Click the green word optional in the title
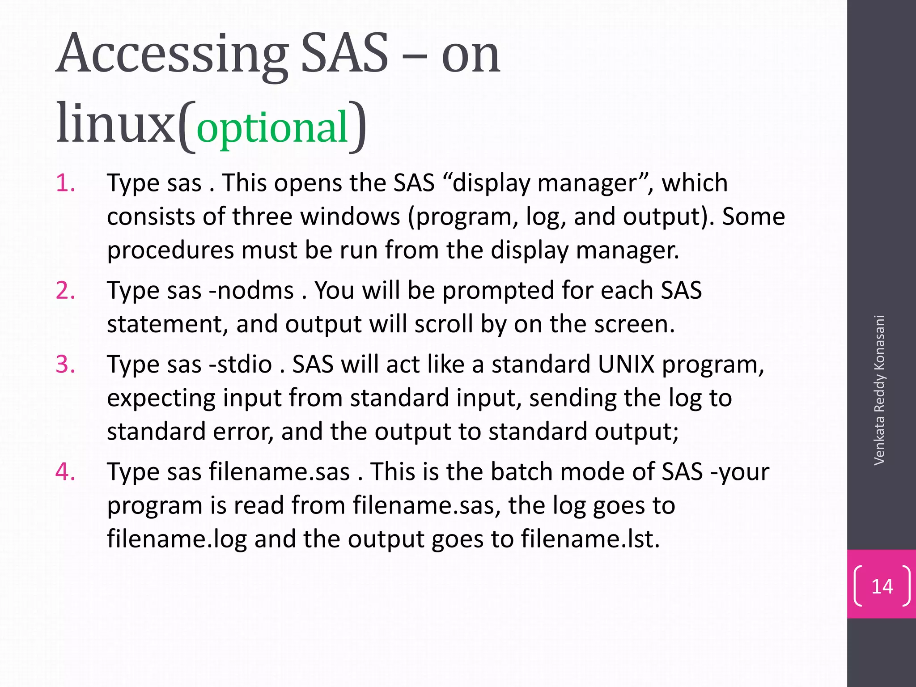[x=272, y=127]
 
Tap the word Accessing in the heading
[x=172, y=55]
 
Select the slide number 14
[x=882, y=586]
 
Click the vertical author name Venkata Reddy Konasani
[x=879, y=390]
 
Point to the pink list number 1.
[x=65, y=183]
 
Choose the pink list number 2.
[x=65, y=290]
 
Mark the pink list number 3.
[x=65, y=364]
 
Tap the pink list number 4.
[x=65, y=472]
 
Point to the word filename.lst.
[x=590, y=539]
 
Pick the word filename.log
[x=177, y=539]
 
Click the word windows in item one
[x=350, y=216]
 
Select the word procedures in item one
[x=170, y=250]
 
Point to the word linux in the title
[x=115, y=123]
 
